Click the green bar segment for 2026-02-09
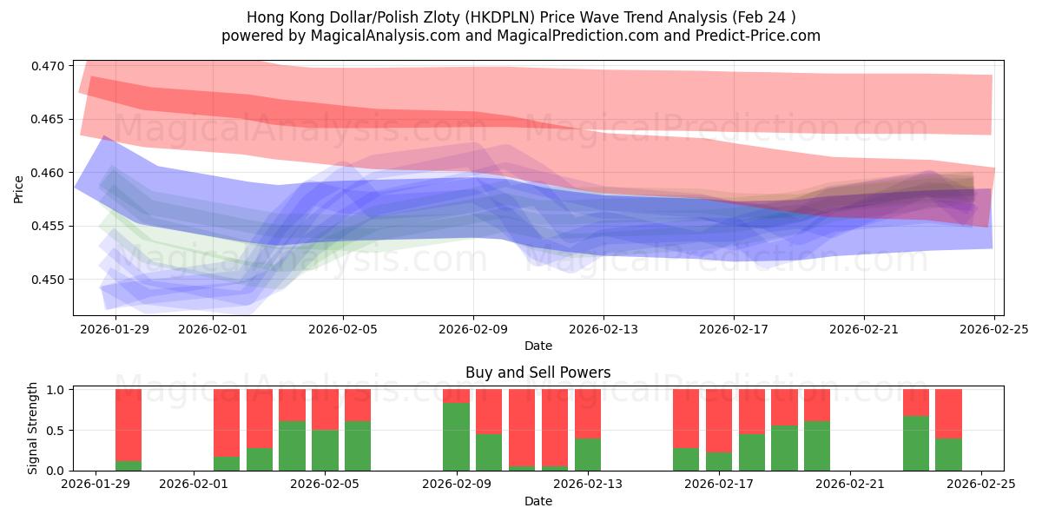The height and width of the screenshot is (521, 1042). [456, 437]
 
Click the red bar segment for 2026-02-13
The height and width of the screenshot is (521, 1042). [588, 413]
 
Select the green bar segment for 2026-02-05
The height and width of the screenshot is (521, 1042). [325, 451]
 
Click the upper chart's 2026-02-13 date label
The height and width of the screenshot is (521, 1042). [603, 329]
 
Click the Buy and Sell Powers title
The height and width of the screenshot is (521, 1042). [537, 373]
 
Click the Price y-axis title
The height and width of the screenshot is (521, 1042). [19, 188]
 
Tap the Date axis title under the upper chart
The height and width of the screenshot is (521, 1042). [537, 346]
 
